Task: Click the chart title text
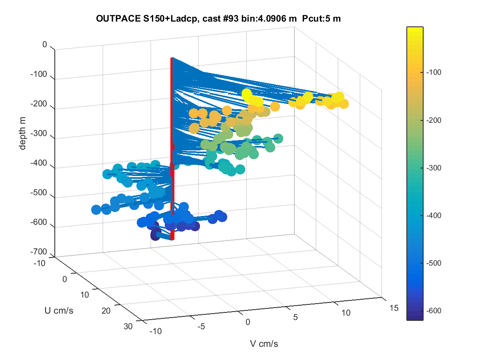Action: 218,18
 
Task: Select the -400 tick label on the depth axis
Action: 38,163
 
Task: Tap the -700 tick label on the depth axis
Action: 38,252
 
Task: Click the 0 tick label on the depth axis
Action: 45,44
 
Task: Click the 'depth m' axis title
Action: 22,133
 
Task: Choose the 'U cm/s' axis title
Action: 59,310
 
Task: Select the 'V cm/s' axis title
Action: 264,344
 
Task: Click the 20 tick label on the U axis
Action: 106,311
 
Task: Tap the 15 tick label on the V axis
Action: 394,308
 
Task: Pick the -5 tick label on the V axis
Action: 201,326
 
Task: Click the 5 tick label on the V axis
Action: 296,317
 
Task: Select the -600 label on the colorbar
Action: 434,310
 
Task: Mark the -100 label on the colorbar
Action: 434,72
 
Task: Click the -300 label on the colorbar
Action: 434,168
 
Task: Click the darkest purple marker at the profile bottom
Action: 156,236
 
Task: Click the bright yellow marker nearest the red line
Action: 246,94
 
